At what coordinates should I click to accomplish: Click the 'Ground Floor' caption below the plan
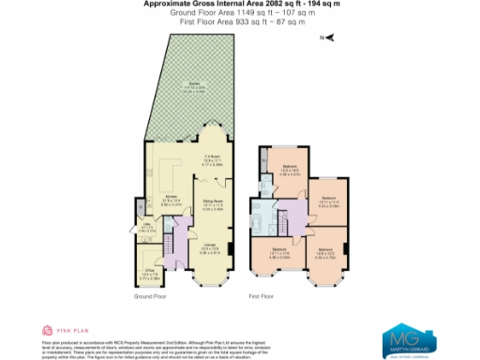149,296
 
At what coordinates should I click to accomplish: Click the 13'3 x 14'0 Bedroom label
289,172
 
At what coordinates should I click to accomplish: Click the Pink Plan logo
57,330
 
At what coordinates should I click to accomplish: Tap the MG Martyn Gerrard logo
408,338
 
